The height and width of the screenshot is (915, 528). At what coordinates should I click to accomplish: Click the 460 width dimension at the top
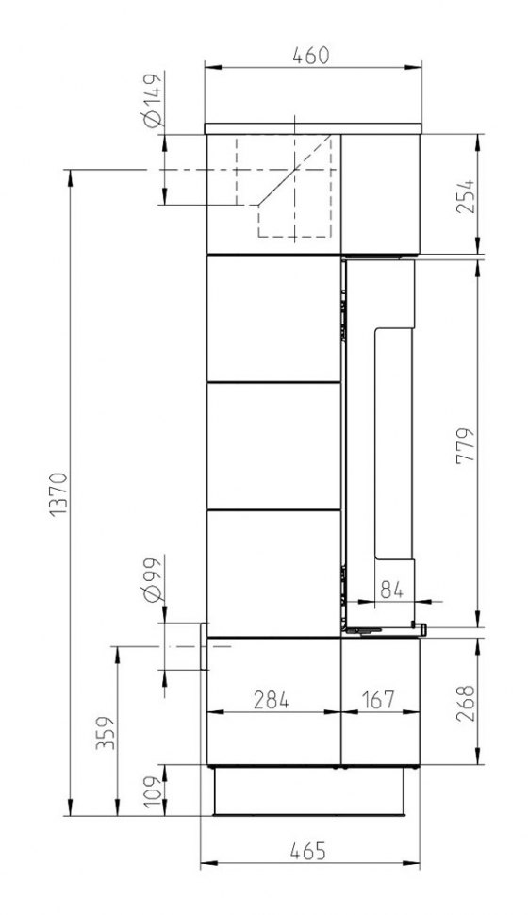(x=311, y=56)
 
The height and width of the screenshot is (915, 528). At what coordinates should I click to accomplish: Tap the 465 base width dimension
(x=308, y=851)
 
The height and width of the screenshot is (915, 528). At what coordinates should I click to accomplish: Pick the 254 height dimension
(x=466, y=196)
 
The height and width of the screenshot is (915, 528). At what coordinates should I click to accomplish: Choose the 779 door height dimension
(x=466, y=446)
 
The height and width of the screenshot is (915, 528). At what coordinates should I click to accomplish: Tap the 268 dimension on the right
(x=466, y=704)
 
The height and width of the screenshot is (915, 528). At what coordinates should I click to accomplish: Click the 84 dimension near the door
(x=391, y=590)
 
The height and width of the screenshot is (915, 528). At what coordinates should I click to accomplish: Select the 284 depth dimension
(x=272, y=699)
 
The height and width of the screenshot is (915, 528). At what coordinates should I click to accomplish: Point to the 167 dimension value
(x=377, y=699)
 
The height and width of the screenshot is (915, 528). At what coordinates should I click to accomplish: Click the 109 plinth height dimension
(x=153, y=790)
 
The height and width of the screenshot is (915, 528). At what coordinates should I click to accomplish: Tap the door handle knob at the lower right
(x=421, y=628)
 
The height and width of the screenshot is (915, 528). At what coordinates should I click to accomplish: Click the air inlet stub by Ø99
(x=205, y=645)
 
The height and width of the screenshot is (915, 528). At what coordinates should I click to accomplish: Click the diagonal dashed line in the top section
(x=295, y=170)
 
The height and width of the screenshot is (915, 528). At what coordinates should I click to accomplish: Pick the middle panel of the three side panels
(x=273, y=446)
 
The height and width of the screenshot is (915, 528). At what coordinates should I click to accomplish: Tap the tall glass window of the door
(x=393, y=444)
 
